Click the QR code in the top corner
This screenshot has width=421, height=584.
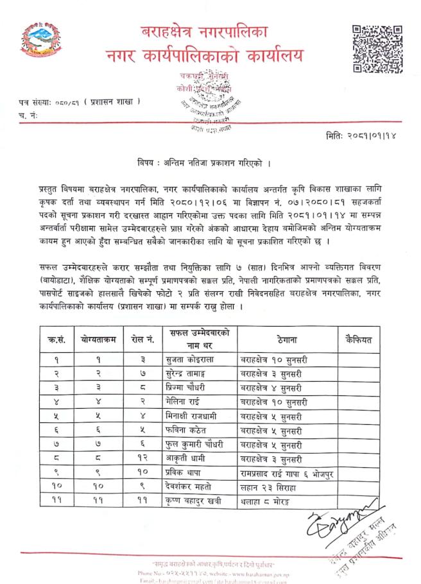click(x=377, y=49)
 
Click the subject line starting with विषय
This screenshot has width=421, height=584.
click(x=204, y=164)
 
